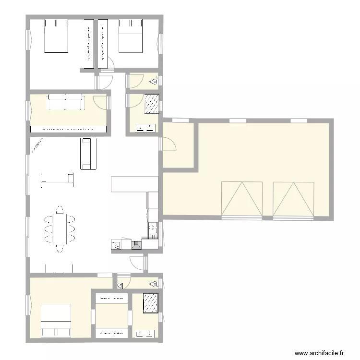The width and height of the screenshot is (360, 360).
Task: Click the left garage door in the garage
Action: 242,199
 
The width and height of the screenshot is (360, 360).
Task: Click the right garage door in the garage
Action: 293,199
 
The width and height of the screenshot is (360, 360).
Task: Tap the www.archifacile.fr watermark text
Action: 320,352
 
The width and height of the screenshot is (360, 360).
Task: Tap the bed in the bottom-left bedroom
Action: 56,321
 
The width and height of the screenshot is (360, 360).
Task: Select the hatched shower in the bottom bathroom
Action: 151,303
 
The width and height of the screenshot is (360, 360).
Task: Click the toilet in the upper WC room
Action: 154,83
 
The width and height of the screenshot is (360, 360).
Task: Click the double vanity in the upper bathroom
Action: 146,127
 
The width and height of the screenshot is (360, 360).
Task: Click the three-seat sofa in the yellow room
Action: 65,102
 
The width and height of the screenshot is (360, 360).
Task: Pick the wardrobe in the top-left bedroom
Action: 89,44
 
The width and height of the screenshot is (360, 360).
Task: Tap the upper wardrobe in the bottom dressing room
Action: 111,298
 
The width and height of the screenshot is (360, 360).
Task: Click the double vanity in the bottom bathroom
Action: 145,333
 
